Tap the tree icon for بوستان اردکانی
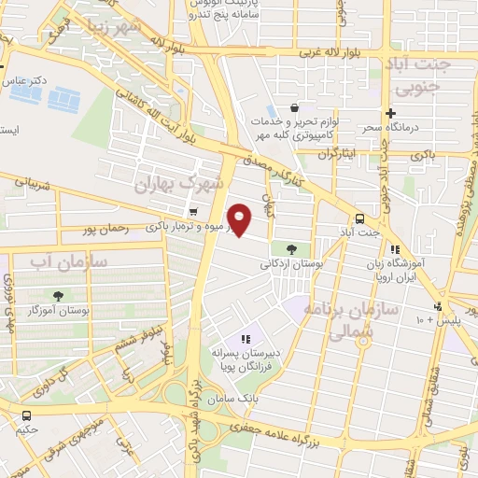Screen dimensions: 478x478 (293, 249)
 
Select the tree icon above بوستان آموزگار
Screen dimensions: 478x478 (59, 294)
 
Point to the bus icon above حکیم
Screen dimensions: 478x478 (26, 415)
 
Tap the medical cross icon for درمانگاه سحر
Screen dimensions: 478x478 (391, 113)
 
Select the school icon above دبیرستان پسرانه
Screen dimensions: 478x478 (245, 339)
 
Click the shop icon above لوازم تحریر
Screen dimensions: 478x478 (295, 108)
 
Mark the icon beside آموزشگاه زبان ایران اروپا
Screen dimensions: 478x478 (396, 250)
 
